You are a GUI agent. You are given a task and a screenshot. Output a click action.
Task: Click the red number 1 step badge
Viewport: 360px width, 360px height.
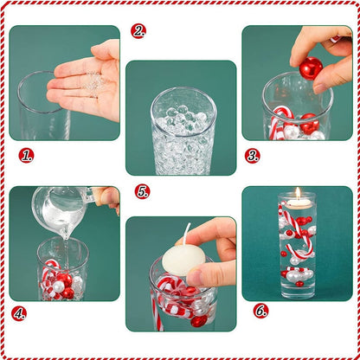point(26,156)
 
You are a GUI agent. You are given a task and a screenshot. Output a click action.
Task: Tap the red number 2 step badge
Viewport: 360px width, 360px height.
point(138,31)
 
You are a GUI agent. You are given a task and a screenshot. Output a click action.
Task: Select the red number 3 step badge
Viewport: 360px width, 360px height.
point(253,156)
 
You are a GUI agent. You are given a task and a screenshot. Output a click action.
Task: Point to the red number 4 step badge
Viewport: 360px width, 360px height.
point(18,313)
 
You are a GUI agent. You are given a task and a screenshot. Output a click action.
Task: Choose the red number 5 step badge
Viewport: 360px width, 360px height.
point(143,191)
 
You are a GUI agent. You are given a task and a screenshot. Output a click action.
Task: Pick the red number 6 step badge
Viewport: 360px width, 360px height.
point(260,310)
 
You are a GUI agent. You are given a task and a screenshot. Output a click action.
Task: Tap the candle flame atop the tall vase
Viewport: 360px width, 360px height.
point(298,193)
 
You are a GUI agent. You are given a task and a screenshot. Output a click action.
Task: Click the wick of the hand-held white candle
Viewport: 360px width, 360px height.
point(187,235)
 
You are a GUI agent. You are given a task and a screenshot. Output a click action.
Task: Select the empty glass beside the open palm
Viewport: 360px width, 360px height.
point(39,108)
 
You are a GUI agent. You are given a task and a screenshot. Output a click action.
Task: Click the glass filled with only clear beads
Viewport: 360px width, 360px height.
point(183,130)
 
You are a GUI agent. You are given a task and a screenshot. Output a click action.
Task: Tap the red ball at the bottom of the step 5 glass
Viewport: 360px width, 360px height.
point(199,319)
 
